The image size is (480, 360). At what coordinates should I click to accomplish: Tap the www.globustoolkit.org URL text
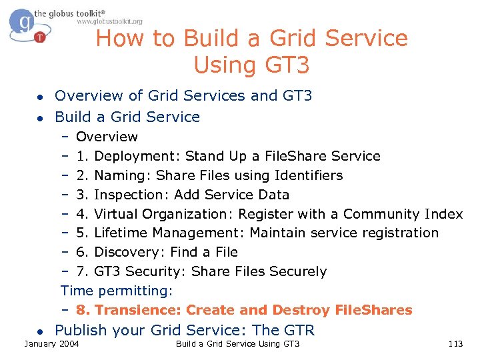109,21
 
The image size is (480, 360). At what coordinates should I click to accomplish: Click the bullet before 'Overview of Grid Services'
40,97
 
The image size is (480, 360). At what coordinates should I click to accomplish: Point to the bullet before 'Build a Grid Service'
40,118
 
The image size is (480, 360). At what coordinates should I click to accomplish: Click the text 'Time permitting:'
117,291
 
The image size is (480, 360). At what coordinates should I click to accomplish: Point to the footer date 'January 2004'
51,344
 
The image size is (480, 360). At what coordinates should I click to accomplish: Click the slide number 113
455,344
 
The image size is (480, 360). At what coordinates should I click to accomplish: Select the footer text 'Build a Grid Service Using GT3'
237,344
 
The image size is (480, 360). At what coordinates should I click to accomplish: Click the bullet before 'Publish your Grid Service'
40,331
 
